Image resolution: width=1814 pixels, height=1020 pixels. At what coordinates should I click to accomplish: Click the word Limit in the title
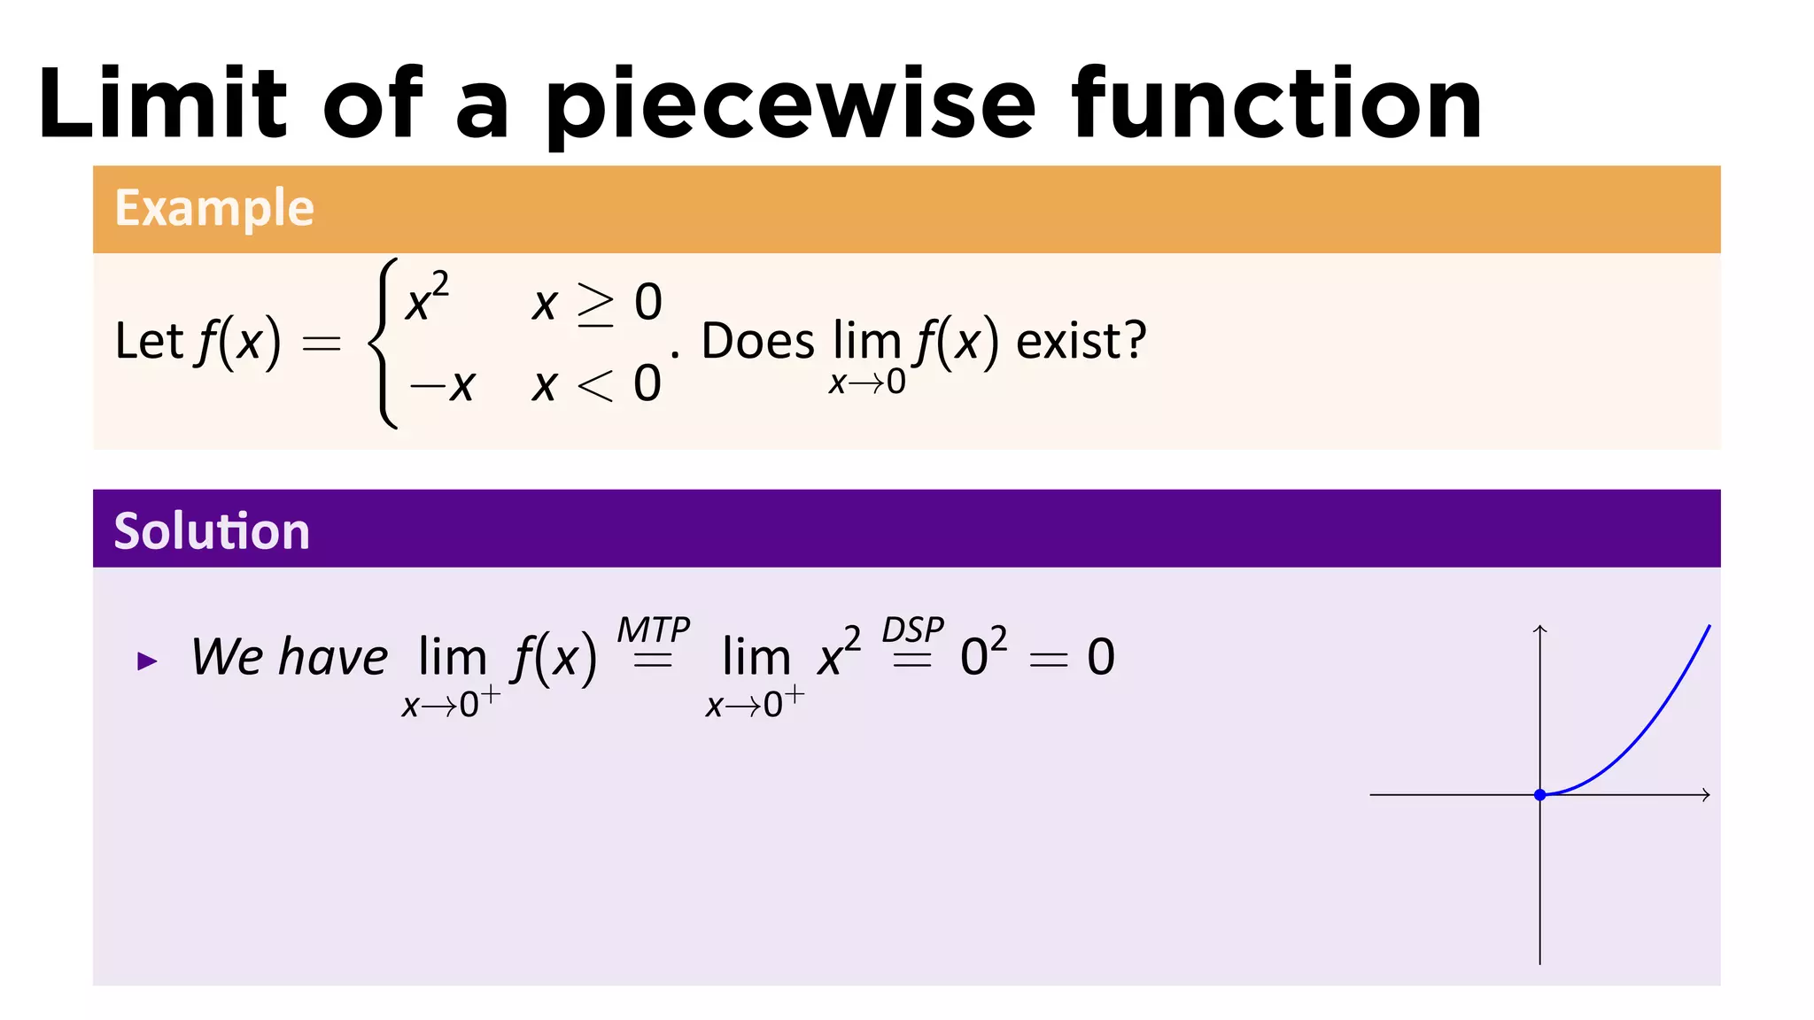pyautogui.click(x=163, y=104)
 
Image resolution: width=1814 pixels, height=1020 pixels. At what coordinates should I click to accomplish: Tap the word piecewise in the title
pyautogui.click(x=789, y=106)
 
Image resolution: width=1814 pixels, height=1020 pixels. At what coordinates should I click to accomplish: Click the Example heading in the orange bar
pyautogui.click(x=214, y=209)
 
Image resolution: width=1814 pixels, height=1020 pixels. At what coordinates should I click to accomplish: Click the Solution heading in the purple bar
pyautogui.click(x=212, y=531)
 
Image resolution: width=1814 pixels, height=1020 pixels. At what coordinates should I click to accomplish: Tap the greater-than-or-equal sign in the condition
pyautogui.click(x=595, y=304)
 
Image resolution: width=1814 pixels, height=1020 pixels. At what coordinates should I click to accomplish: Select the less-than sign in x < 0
pyautogui.click(x=594, y=385)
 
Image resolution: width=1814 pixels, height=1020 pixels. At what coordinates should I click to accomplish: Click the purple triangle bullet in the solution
pyautogui.click(x=147, y=661)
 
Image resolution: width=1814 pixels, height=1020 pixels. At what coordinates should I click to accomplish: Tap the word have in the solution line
pyautogui.click(x=333, y=657)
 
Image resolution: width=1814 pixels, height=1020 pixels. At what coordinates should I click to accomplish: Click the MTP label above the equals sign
pyautogui.click(x=653, y=630)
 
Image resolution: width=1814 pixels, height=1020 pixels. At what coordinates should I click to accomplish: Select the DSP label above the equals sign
pyautogui.click(x=912, y=630)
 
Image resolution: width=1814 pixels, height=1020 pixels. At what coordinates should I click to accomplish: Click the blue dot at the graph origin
pyautogui.click(x=1540, y=795)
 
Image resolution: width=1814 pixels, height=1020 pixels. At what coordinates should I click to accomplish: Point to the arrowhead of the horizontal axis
pyautogui.click(x=1706, y=795)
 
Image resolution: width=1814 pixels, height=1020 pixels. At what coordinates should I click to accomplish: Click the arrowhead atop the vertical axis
pyautogui.click(x=1540, y=629)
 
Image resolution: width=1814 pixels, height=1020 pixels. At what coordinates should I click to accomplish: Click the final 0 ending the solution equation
pyautogui.click(x=1101, y=657)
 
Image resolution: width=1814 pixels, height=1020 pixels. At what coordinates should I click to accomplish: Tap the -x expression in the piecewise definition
pyautogui.click(x=442, y=385)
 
